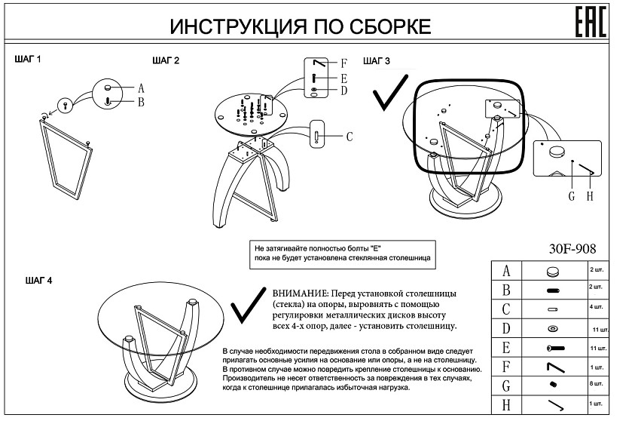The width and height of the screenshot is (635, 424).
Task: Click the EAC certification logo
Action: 591,23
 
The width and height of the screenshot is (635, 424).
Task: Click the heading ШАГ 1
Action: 29,58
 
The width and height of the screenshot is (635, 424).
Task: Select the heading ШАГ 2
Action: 166,60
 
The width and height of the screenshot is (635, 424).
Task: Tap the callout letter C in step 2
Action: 349,137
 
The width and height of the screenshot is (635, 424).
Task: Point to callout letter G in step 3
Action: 572,196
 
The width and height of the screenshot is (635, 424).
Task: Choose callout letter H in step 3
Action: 590,196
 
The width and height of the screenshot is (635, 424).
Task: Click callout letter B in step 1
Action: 140,102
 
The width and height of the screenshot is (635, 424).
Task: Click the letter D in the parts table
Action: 506,327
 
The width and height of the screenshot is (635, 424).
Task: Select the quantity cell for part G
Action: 596,385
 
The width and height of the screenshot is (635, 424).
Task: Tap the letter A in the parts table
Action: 506,270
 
